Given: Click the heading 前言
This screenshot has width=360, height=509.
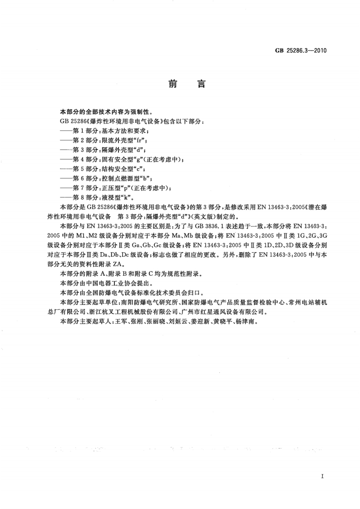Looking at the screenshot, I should [x=180, y=84].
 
